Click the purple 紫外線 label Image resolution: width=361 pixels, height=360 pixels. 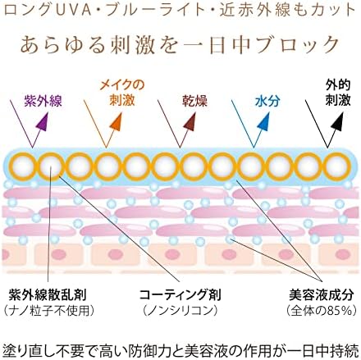pos(43,101)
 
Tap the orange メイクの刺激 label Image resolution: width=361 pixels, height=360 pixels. pos(122,93)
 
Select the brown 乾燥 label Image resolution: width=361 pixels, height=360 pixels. pos(195,101)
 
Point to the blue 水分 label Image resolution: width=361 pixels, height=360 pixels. pos(267,101)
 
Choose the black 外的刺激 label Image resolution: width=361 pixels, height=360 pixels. pos(338,93)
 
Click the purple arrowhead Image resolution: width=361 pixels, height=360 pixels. pos(43,121)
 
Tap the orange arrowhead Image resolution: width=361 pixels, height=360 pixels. pos(116,121)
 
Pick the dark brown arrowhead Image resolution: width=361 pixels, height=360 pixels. pos(190,121)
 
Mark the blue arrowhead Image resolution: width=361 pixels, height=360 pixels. pos(263,121)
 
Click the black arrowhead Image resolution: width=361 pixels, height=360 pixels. pos(337,121)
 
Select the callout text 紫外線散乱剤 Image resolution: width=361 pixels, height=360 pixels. pos(48,295)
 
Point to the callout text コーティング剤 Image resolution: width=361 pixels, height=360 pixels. pos(180,295)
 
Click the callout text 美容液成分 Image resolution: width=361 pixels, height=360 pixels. pos(322,295)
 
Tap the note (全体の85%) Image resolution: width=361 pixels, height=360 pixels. pos(322,311)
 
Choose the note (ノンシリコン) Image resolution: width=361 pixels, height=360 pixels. pos(180,311)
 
